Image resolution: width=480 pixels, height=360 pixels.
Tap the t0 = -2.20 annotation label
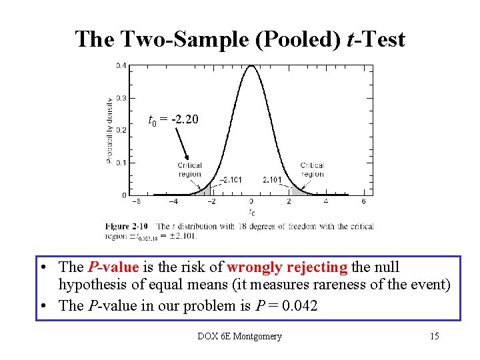click(x=173, y=120)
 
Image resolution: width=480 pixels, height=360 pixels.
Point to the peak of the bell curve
click(x=251, y=66)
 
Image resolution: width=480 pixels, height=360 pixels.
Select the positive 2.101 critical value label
click(x=272, y=179)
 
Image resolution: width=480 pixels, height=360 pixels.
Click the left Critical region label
click(x=190, y=170)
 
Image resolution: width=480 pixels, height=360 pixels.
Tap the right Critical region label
click(x=312, y=170)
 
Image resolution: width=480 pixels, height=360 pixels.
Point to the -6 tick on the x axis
click(x=135, y=201)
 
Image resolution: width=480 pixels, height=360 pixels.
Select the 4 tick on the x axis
click(x=327, y=201)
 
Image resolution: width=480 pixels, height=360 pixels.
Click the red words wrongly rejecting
click(x=287, y=267)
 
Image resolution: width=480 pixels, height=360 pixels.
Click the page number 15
click(x=434, y=336)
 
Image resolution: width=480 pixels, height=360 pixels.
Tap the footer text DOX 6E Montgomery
click(x=239, y=336)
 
